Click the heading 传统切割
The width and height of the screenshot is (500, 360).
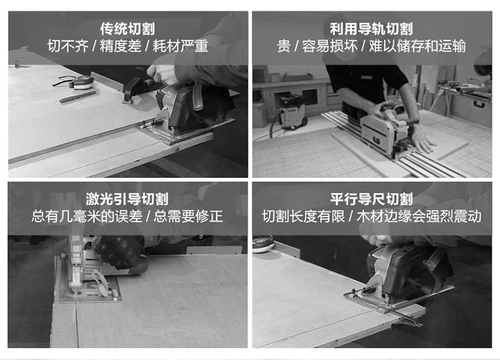(x=127, y=29)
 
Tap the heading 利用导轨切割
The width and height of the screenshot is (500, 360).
(x=371, y=29)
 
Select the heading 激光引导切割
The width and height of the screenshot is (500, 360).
(x=127, y=199)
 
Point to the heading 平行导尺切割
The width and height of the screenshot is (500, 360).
(x=371, y=199)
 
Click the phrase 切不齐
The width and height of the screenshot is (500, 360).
(x=68, y=46)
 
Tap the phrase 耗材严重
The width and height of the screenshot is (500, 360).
(x=181, y=46)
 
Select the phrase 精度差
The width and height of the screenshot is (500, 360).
(x=121, y=46)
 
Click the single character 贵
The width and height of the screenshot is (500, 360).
(x=283, y=46)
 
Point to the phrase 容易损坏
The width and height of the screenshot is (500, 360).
(x=330, y=46)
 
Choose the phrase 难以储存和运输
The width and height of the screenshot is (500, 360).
(x=417, y=46)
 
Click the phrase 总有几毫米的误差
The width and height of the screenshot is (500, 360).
(x=87, y=216)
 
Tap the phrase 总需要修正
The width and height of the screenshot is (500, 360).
(x=188, y=216)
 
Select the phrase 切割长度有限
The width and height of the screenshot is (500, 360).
(x=303, y=216)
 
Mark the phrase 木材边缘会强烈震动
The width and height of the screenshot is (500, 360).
(x=419, y=216)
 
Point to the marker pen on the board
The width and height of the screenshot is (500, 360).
(x=77, y=97)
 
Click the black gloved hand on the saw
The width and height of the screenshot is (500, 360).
(x=119, y=252)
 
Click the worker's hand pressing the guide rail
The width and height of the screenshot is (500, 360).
(x=423, y=139)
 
